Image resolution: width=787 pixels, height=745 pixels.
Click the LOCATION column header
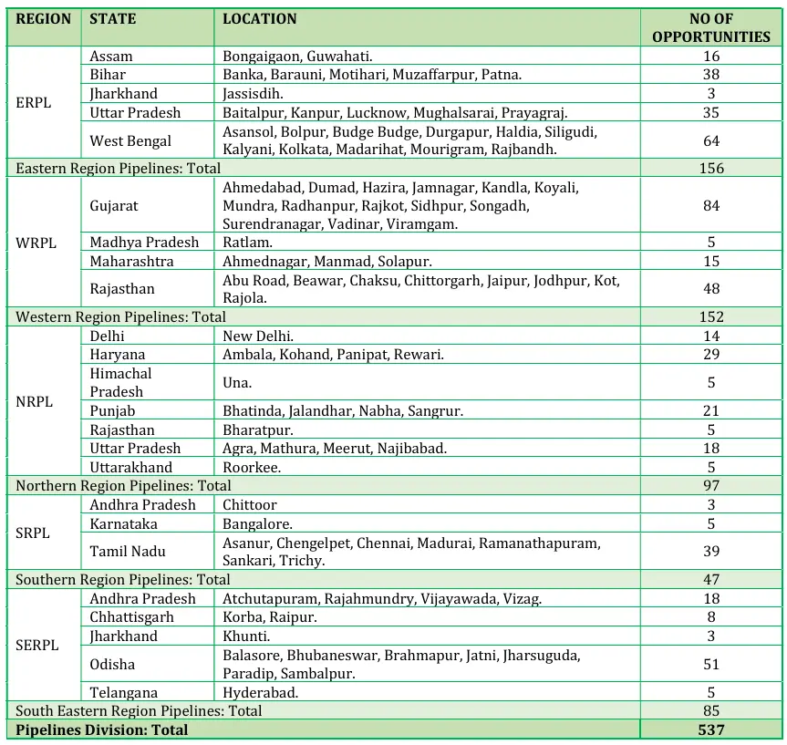(x=260, y=18)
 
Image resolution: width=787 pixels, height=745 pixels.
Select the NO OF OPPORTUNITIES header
(x=710, y=27)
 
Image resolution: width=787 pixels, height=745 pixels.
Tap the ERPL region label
(x=34, y=103)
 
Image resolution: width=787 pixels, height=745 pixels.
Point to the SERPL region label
(x=36, y=646)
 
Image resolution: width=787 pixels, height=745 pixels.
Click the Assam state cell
(x=111, y=56)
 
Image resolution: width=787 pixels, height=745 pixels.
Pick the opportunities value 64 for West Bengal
(x=710, y=140)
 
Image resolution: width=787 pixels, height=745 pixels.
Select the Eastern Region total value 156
(x=710, y=168)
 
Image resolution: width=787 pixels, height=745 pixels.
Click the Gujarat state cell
(x=114, y=205)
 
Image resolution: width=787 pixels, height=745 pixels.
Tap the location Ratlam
(x=247, y=243)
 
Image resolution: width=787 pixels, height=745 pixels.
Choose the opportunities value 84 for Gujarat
(x=710, y=205)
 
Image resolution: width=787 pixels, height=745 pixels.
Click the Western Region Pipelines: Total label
(x=120, y=317)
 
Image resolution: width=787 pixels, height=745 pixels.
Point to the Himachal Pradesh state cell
(x=120, y=382)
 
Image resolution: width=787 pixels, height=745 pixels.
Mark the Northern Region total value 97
(x=710, y=485)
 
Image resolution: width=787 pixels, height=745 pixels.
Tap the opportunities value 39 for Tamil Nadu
(x=710, y=551)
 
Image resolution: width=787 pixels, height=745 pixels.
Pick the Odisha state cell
(x=112, y=665)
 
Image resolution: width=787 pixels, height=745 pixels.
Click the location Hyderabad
(x=261, y=692)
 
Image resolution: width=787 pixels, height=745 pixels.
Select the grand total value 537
(x=710, y=729)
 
